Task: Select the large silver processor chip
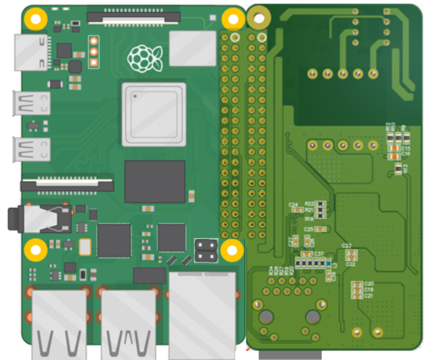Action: click(x=154, y=114)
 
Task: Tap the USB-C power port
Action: click(x=31, y=52)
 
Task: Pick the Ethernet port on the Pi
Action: click(x=202, y=314)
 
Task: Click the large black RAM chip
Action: click(x=154, y=181)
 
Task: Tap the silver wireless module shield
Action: click(x=192, y=48)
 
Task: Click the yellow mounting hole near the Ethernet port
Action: click(x=232, y=250)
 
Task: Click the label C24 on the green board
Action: click(x=293, y=204)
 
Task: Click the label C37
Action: click(x=319, y=254)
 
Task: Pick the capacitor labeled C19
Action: click(x=356, y=290)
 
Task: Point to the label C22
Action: click(x=350, y=264)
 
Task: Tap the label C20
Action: click(x=369, y=284)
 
